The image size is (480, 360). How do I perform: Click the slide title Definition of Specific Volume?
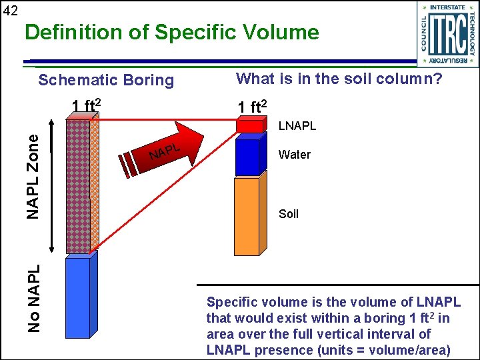point(171,32)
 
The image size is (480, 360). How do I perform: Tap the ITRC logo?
point(447,33)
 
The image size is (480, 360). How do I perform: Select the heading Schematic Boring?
point(106,81)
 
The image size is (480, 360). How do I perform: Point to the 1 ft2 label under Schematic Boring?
point(87,105)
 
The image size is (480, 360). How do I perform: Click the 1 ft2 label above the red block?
point(253,107)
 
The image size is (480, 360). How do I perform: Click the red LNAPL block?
point(249,127)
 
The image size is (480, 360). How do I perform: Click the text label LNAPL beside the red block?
point(297,126)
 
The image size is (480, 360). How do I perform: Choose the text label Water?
point(295,155)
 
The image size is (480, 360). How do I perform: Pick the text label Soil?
point(289,214)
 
